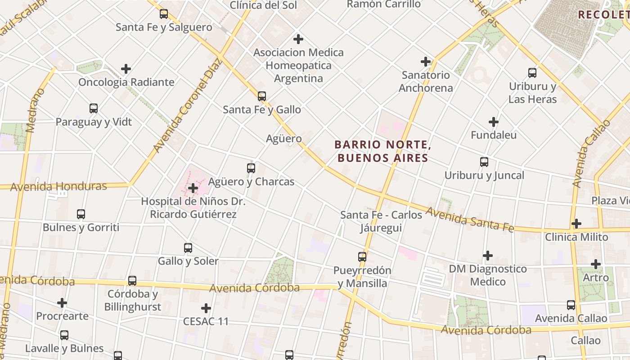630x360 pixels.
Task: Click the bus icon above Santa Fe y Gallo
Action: coord(261,96)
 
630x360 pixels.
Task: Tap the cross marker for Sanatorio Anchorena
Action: coord(425,61)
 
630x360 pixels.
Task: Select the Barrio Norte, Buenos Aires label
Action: coord(382,151)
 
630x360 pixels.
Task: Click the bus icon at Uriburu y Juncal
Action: coord(484,162)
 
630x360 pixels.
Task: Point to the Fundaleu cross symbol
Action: coord(494,121)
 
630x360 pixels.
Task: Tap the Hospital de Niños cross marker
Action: coord(193,188)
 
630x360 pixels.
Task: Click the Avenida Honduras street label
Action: coord(58,186)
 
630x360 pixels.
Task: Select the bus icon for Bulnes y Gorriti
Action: coord(81,214)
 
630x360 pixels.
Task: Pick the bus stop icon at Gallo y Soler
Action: coord(188,247)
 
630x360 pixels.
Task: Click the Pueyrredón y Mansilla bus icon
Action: coord(362,257)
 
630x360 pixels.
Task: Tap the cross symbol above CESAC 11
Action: coord(206,308)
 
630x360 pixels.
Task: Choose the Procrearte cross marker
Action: coord(62,303)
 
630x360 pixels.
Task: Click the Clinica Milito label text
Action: coord(576,237)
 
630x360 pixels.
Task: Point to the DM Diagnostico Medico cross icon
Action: coord(488,256)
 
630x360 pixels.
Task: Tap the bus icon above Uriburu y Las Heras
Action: coord(532,72)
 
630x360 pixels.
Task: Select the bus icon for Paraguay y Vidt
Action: coord(94,108)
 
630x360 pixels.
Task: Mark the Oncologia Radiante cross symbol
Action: coord(126,69)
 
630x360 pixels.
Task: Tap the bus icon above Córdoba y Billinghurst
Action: coord(132,280)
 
